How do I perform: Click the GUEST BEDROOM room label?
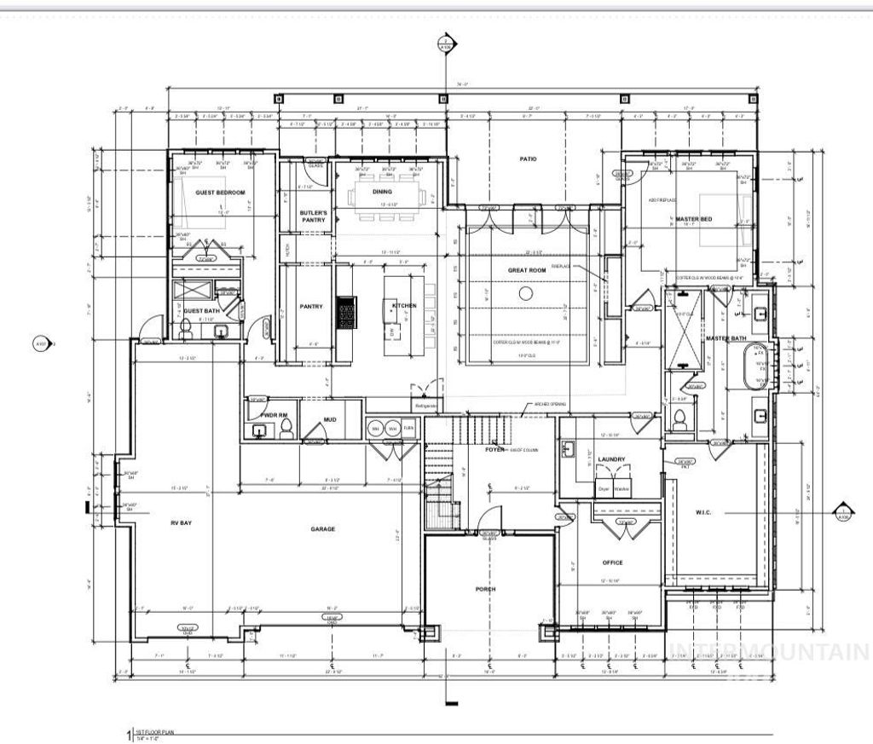click(220, 193)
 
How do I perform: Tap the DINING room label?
click(382, 192)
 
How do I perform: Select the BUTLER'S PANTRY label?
click(313, 216)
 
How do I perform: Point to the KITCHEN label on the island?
click(404, 306)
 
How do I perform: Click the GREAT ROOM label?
click(526, 270)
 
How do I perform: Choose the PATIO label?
click(529, 159)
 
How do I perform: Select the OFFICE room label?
click(612, 562)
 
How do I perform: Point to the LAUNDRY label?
click(611, 459)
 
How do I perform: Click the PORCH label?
click(485, 589)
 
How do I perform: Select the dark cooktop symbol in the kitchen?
click(346, 311)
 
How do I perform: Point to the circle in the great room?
click(526, 293)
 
